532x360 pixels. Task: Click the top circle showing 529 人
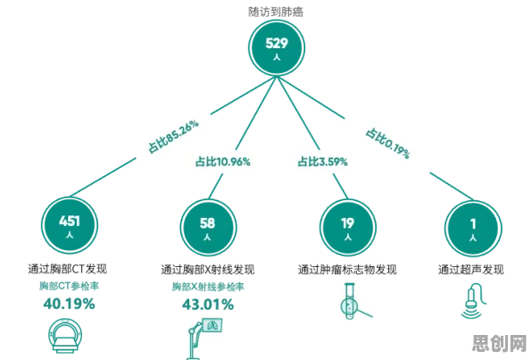click(277, 47)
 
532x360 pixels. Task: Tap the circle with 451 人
click(70, 225)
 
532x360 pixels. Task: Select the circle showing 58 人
click(208, 227)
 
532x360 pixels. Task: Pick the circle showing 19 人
click(348, 227)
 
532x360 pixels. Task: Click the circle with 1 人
click(473, 228)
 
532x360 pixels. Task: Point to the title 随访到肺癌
click(276, 12)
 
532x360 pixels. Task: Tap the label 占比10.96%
click(222, 162)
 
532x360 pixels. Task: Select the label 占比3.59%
click(322, 162)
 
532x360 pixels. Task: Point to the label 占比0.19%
click(387, 143)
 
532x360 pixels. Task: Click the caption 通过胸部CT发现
click(68, 269)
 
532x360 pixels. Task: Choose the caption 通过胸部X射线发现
click(208, 270)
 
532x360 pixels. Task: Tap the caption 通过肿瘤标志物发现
click(347, 270)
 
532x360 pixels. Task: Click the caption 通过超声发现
click(471, 270)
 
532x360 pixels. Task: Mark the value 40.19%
click(70, 304)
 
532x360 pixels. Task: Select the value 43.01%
click(208, 305)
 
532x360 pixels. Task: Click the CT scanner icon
click(65, 336)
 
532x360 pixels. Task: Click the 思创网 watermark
click(500, 343)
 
